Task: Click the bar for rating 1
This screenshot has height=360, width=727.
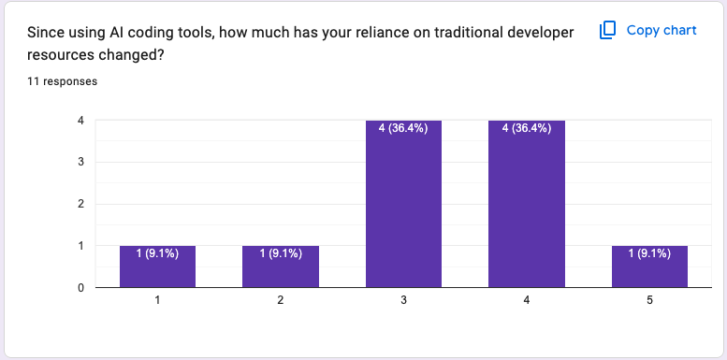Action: [157, 266]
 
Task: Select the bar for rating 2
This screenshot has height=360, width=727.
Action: [281, 266]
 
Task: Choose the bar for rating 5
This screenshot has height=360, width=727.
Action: [649, 266]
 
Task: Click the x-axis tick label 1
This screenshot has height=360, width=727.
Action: [157, 300]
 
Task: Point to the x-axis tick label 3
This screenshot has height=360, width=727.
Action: [403, 300]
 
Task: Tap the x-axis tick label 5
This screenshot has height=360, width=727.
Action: [649, 300]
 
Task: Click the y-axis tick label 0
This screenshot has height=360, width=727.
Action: [81, 287]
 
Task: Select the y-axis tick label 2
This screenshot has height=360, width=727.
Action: [81, 204]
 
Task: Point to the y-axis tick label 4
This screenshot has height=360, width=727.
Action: [81, 121]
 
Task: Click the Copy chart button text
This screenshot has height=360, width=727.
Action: [662, 30]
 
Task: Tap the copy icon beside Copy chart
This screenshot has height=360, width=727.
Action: [607, 31]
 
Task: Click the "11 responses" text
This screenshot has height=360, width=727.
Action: [63, 81]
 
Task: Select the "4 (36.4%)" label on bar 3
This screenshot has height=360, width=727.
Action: [403, 129]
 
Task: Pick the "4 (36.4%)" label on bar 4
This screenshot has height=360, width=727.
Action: [527, 129]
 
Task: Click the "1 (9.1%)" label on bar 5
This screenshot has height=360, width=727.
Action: [649, 253]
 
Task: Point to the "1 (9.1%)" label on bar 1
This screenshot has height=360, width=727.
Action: [157, 253]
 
